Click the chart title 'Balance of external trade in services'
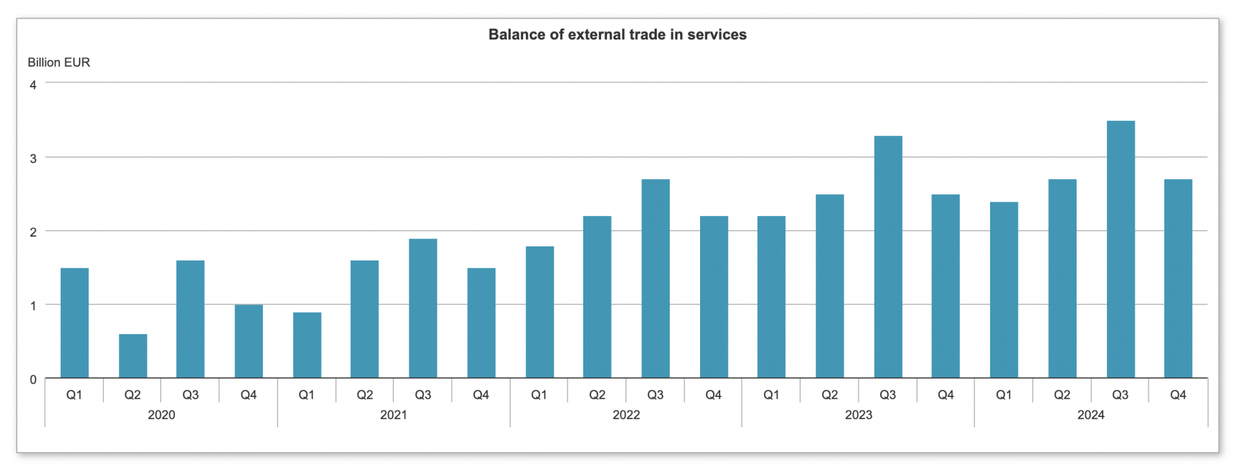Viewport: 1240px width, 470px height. [617, 35]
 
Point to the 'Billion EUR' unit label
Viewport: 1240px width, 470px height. [59, 63]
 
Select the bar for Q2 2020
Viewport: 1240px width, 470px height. [132, 356]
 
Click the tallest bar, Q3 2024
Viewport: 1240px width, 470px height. [1121, 249]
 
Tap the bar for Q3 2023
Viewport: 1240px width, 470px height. [888, 257]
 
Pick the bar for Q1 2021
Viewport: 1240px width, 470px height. [307, 345]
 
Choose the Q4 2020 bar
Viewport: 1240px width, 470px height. [249, 341]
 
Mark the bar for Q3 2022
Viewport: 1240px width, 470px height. [656, 278]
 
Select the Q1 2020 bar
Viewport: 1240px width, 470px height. [74, 323]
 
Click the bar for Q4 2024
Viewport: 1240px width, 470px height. [1178, 278]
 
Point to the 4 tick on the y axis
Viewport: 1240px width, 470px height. [33, 85]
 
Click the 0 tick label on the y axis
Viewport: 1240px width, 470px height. [33, 379]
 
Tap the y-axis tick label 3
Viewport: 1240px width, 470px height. [33, 158]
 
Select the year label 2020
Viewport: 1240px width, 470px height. [161, 415]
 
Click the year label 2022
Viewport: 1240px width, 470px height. [626, 415]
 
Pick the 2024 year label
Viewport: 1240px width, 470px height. [1091, 415]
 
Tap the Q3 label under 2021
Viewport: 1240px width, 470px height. [423, 395]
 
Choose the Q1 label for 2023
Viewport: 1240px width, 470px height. [771, 395]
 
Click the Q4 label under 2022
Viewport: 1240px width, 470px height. [713, 395]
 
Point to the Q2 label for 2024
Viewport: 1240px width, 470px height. [1062, 395]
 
